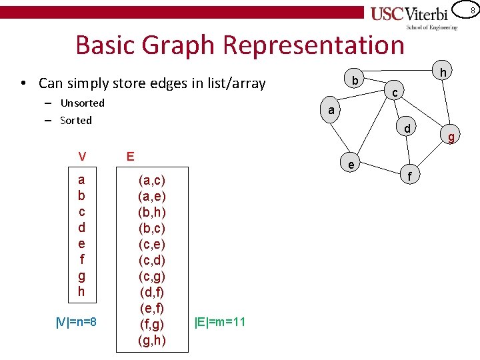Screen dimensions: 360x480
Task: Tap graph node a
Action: (x=331, y=110)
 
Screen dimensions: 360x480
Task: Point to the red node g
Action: (x=451, y=137)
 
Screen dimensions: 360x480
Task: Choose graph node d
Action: (x=407, y=127)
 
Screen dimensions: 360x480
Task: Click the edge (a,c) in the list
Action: (x=151, y=180)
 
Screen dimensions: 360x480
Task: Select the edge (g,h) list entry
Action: (x=151, y=340)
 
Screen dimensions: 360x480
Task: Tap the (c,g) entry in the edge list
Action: (x=151, y=276)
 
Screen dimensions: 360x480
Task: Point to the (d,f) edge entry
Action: (x=151, y=292)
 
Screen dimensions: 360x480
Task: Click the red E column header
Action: (x=131, y=156)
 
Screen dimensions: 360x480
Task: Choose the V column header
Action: (x=81, y=157)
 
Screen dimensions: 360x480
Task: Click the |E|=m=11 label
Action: (x=220, y=322)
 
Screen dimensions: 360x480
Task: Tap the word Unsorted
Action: (x=82, y=103)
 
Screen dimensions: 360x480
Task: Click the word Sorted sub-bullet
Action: (x=75, y=120)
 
